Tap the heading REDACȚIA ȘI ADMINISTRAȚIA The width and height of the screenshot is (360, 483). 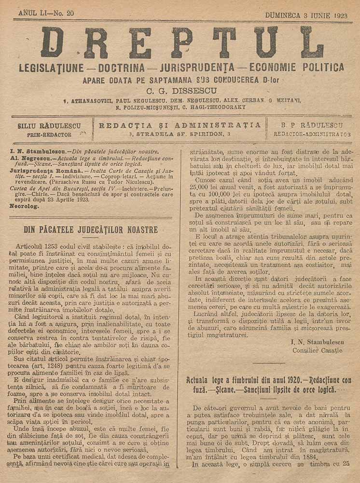(180, 125)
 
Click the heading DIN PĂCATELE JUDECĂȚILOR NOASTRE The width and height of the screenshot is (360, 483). (91, 228)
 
